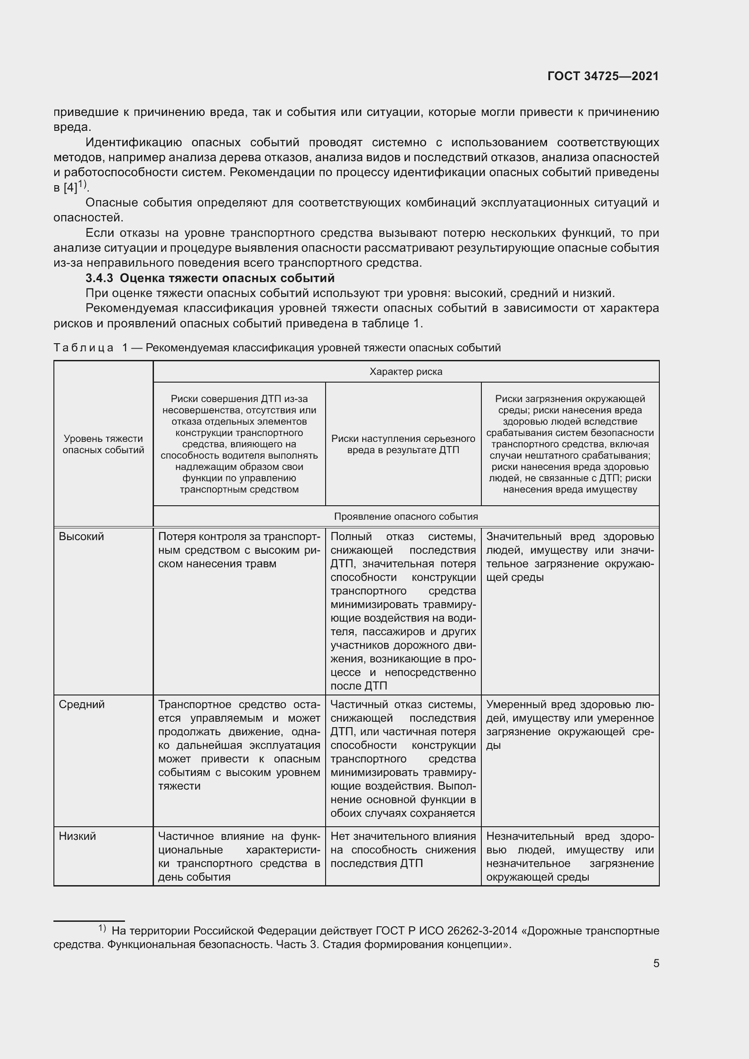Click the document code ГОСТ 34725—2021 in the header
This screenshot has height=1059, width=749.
pos(603,76)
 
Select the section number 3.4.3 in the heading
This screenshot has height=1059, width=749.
pos(99,278)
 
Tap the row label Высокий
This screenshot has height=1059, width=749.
pos(81,537)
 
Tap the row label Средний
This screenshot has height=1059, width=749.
pos(82,704)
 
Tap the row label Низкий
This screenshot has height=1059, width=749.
pos(77,836)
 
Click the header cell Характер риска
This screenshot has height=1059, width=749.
pos(405,371)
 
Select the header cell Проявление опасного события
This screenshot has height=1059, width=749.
pos(405,516)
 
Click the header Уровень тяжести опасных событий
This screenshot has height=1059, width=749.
pos(103,444)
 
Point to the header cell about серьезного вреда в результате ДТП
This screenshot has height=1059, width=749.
pos(403,444)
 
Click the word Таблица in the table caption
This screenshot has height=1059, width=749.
pos(83,348)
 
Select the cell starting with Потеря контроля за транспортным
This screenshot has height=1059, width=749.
pos(239,550)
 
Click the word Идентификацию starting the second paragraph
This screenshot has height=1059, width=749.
pos(133,142)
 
